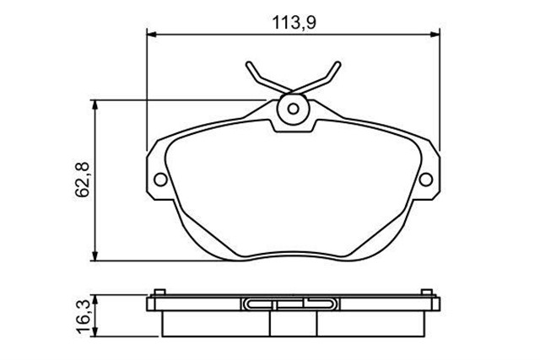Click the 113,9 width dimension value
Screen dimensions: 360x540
click(x=294, y=23)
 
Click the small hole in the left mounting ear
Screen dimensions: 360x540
click(x=159, y=179)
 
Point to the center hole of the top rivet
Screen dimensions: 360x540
click(x=293, y=109)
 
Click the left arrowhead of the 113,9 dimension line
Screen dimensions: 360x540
click(x=152, y=35)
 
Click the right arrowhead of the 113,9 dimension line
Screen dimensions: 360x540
click(x=435, y=35)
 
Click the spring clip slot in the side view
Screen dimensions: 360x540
click(x=294, y=304)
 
